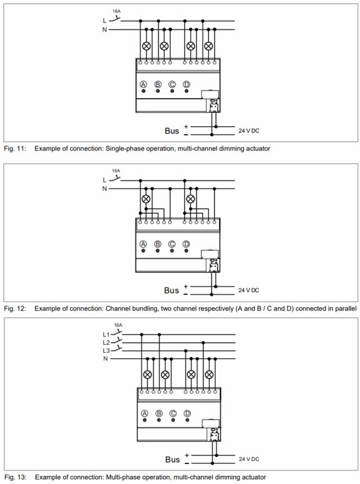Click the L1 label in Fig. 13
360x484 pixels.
[x=106, y=334]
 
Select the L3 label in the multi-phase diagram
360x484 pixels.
[x=106, y=350]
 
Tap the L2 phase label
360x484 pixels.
[x=106, y=343]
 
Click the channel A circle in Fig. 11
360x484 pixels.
[x=144, y=84]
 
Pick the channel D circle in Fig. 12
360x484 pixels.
[x=186, y=244]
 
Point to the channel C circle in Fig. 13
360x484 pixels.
[x=173, y=413]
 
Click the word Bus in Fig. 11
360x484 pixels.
[x=172, y=131]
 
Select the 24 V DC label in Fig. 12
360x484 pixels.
[x=249, y=290]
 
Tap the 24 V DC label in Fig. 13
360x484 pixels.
[x=249, y=459]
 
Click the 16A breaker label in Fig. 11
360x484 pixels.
[x=116, y=11]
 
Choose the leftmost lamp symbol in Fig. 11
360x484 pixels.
[x=146, y=46]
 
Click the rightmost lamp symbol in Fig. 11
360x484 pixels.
[x=209, y=46]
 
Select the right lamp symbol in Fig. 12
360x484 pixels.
[x=191, y=199]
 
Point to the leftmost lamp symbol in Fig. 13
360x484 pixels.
[x=148, y=375]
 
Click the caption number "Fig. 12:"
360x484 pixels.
[x=15, y=309]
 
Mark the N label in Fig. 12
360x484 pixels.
[x=105, y=189]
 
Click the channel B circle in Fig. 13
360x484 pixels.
[x=159, y=413]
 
